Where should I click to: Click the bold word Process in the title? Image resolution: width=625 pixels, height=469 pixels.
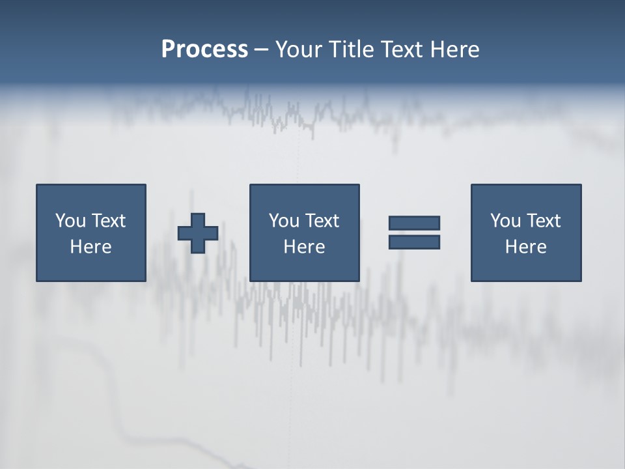pos(204,50)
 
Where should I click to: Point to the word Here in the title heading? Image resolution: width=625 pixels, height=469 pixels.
pos(456,50)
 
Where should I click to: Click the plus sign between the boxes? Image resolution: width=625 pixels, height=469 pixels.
pos(198,233)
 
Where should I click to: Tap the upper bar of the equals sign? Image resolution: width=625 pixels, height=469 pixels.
pos(414,223)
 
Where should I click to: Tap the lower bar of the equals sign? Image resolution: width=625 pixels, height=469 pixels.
pos(414,242)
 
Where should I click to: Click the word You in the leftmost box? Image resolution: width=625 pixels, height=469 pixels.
pos(70,221)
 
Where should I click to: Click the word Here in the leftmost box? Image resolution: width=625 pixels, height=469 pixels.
pos(91,247)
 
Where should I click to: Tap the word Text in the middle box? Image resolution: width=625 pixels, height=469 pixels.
pos(322,221)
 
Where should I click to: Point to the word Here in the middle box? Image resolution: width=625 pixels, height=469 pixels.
pos(304,247)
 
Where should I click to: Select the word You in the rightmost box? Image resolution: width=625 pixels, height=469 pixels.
pos(505,221)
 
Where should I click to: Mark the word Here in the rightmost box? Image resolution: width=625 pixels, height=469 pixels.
pos(525,247)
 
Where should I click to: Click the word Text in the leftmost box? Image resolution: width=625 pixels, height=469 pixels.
pos(108,221)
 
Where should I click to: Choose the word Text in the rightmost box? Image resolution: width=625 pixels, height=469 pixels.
pos(543,221)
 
